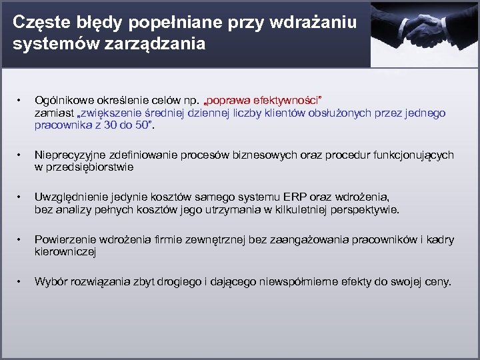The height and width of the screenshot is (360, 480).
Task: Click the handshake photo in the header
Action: click(425, 33)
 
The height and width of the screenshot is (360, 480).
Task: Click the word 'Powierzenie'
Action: click(63, 241)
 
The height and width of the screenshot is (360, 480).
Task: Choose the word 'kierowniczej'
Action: click(65, 253)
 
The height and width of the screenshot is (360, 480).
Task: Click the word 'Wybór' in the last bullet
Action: click(49, 282)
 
